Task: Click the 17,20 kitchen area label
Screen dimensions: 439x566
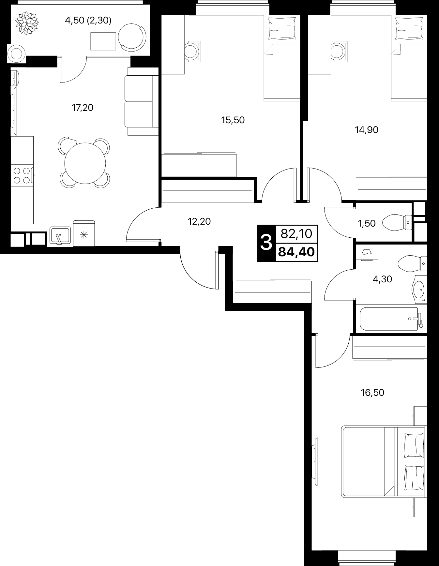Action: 83,108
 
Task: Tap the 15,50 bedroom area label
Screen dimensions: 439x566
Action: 233,120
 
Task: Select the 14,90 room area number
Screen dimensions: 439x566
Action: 367,130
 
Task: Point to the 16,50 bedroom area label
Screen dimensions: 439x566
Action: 372,393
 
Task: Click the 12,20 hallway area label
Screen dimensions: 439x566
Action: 199,222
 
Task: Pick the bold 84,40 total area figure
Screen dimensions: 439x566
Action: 296,252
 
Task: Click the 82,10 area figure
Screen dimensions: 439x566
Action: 296,233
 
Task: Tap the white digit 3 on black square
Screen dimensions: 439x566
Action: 266,243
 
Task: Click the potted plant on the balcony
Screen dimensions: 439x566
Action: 27,23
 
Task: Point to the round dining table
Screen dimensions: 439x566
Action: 85,163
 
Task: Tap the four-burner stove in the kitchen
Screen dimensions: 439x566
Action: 22,175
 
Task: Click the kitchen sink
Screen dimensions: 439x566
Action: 60,235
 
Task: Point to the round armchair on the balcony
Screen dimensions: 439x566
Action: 131,37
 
